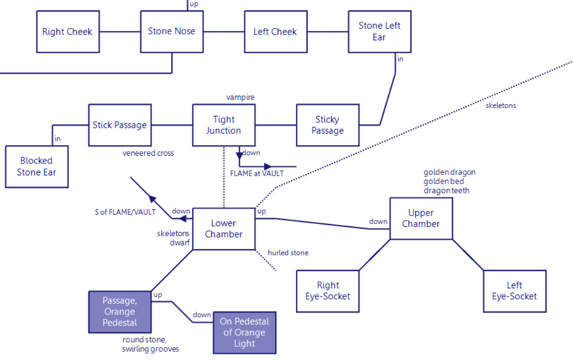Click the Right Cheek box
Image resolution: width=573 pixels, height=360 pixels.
(67, 32)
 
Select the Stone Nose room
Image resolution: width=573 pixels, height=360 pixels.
(172, 31)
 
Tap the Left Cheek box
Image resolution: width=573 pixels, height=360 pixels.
(275, 32)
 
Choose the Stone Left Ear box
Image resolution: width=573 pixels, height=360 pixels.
(379, 31)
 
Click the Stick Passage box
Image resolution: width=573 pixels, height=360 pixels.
(120, 125)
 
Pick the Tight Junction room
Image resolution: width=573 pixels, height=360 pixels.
(224, 125)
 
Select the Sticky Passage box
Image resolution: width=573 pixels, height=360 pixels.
(327, 125)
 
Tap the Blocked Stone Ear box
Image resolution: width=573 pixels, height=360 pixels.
(37, 166)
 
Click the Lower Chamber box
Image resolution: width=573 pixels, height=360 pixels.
(224, 229)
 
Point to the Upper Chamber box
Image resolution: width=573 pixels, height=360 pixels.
(421, 218)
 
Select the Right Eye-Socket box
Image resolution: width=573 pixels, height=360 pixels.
(328, 291)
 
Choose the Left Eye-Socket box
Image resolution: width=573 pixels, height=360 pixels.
(515, 291)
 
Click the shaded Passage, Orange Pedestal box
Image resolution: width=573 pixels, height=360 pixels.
(119, 311)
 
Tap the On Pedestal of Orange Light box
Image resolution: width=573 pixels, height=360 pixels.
(244, 332)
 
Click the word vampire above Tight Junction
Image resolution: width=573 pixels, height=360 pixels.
(240, 97)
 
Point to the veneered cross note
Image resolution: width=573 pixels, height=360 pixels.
(148, 153)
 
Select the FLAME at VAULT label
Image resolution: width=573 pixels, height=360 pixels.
(257, 173)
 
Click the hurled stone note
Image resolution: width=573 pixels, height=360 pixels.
(288, 253)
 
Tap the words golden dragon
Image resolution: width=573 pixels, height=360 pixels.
(449, 172)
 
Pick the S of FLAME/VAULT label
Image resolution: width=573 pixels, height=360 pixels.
(125, 212)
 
